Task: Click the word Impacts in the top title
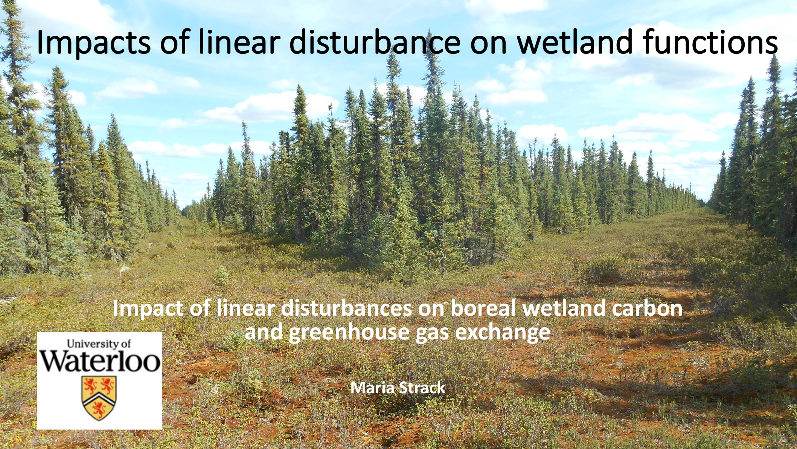click(x=93, y=42)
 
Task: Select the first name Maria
click(x=372, y=388)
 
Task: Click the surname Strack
click(x=422, y=388)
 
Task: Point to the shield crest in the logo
click(x=99, y=398)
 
